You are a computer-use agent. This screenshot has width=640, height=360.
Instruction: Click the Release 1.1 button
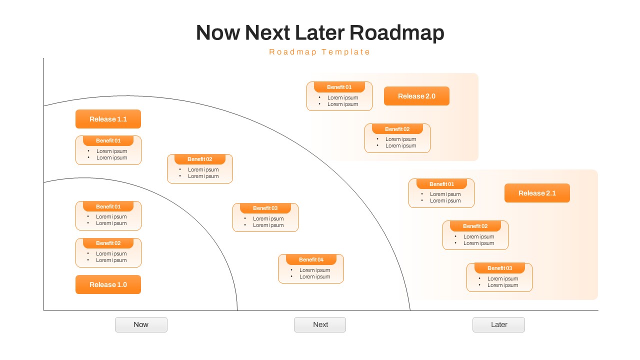(108, 119)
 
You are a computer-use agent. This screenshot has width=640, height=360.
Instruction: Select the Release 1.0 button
(108, 284)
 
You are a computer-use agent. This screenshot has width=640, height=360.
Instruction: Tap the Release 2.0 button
(416, 96)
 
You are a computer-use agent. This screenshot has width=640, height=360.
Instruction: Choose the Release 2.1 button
(537, 193)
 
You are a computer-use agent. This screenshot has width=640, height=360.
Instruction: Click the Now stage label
(141, 324)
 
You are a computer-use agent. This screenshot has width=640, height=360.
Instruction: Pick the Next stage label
(320, 324)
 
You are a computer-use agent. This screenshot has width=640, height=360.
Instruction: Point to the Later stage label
(498, 324)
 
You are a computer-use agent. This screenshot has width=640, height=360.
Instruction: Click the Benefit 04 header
(311, 259)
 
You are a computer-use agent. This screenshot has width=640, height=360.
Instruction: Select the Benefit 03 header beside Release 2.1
(499, 268)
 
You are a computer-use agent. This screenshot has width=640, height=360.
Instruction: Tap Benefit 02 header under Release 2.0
(397, 129)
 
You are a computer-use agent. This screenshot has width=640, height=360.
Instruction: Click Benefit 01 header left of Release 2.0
(339, 87)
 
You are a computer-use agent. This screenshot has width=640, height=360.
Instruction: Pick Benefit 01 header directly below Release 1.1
(108, 140)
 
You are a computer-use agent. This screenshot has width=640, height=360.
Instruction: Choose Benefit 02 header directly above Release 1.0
(108, 243)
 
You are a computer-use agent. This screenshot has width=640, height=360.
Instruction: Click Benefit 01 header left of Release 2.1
(441, 184)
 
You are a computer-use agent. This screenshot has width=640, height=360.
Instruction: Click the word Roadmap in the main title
(396, 33)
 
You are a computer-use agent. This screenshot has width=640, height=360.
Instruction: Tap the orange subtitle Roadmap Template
(320, 52)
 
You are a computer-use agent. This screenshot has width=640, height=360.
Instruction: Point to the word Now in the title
(217, 33)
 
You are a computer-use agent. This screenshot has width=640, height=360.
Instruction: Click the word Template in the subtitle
(346, 52)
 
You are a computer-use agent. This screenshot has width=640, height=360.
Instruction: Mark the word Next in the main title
(267, 33)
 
